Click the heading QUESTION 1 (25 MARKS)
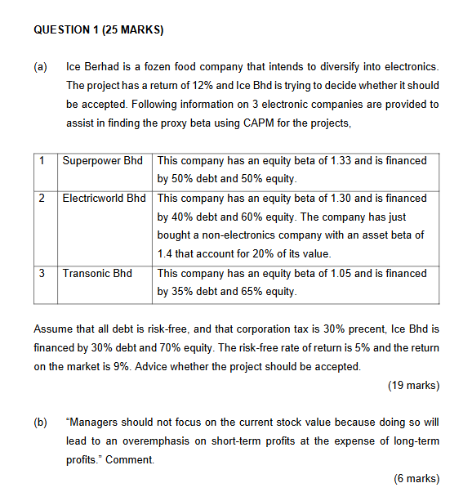pos(99,30)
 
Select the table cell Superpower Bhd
pos(102,160)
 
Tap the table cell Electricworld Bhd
pos(104,199)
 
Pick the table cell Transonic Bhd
pos(97,273)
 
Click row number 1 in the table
pos(41,160)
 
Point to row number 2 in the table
pos(41,199)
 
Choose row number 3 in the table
pos(41,273)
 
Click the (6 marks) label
pos(416,479)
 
